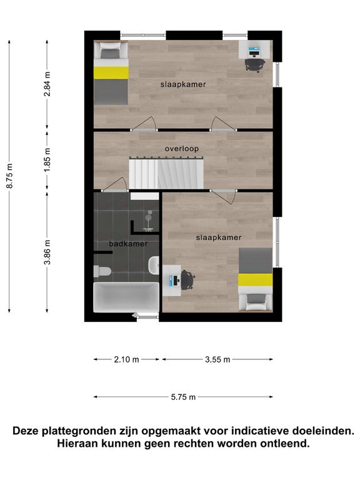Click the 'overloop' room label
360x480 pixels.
coord(181,149)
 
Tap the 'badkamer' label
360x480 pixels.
coord(128,244)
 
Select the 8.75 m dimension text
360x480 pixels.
coord(10,176)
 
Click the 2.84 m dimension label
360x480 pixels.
coord(47,84)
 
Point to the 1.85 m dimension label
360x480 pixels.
coord(47,160)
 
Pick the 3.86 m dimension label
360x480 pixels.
coord(47,252)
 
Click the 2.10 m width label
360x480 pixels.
coord(126,359)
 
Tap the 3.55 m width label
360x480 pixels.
coord(217,359)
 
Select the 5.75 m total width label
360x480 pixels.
coord(183,397)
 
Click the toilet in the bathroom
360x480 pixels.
coord(102,271)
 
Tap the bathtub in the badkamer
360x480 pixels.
coord(126,297)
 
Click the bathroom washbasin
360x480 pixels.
coord(154,265)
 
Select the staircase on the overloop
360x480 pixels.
coord(166,173)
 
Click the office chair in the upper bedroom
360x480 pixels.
coord(255,65)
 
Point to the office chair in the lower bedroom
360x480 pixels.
coord(187,280)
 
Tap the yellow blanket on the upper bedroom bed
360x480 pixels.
coord(111,73)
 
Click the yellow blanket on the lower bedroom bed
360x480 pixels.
coord(255,280)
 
